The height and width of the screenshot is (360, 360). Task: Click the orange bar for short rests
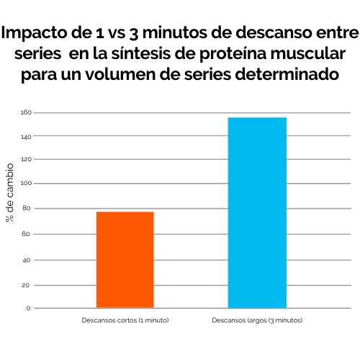pos(125,260)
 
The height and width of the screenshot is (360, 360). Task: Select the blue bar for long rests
pos(257,213)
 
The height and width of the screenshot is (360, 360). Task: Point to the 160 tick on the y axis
pos(25,112)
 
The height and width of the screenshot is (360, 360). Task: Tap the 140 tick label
pos(25,136)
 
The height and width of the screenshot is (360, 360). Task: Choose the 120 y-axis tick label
pos(25,159)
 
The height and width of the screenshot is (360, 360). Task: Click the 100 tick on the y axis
pos(25,184)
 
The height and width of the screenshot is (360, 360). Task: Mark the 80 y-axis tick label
pos(27,208)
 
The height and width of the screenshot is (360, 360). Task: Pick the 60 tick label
pos(27,234)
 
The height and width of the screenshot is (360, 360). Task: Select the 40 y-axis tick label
pos(27,260)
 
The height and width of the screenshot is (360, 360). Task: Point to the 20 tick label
pos(27,285)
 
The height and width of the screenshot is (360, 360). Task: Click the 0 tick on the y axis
pos(28,308)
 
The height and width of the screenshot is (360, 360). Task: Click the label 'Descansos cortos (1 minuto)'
pos(125,319)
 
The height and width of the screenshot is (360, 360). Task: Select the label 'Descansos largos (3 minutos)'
pos(258,319)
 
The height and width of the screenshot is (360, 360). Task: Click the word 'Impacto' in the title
pos(42,33)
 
